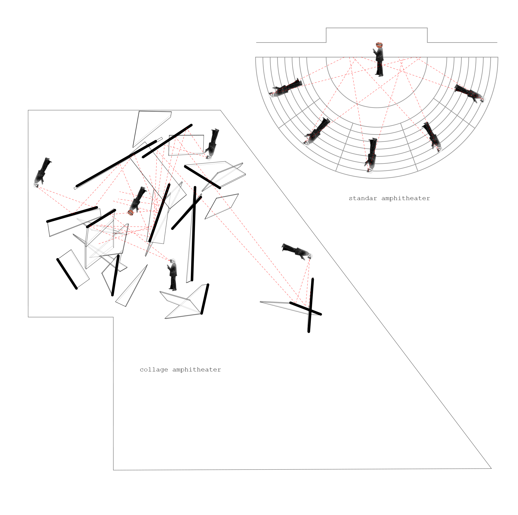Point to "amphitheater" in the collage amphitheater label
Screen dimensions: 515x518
click(197, 370)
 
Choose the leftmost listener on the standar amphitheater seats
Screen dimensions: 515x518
click(286, 88)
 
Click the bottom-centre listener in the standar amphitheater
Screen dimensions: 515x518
click(371, 155)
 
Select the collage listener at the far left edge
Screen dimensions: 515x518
click(42, 172)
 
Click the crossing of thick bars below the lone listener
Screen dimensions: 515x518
click(310, 310)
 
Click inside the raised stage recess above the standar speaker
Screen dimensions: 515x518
click(376, 35)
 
